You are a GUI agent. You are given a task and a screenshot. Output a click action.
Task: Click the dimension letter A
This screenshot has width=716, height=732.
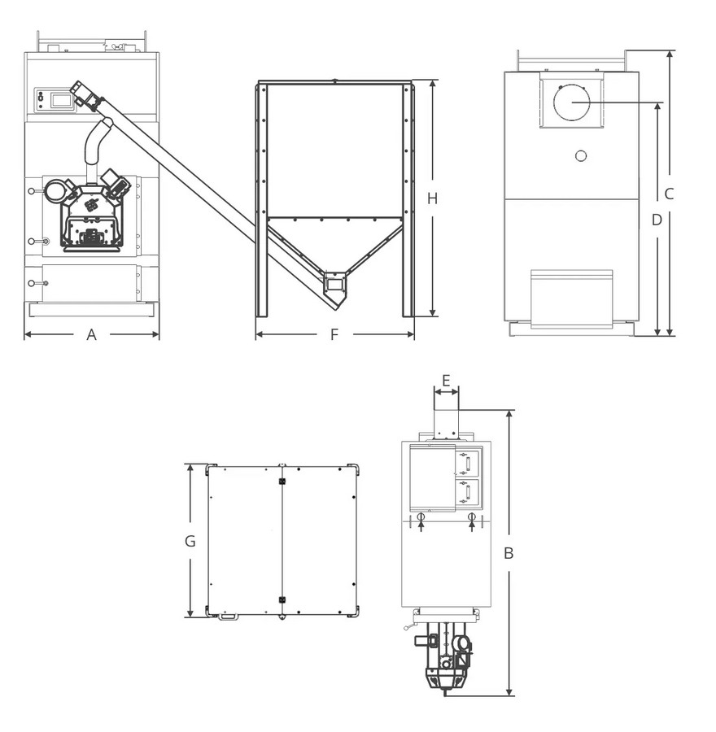click(92, 334)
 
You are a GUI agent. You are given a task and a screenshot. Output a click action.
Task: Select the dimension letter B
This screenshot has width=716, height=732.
click(509, 553)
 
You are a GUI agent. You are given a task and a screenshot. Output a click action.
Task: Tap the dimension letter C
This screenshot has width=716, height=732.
click(669, 194)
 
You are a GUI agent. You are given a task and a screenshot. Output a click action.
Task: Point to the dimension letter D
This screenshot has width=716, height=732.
click(657, 220)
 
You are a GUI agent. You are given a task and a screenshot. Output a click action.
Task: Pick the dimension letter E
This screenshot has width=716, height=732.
click(446, 381)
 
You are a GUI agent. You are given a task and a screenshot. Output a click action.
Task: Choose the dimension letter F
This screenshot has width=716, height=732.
click(334, 334)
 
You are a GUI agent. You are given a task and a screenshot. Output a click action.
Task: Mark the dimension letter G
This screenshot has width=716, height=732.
click(190, 541)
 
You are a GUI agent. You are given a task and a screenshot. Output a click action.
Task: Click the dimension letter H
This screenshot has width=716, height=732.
click(433, 199)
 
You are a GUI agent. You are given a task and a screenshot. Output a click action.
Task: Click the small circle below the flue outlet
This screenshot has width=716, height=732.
click(581, 156)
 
